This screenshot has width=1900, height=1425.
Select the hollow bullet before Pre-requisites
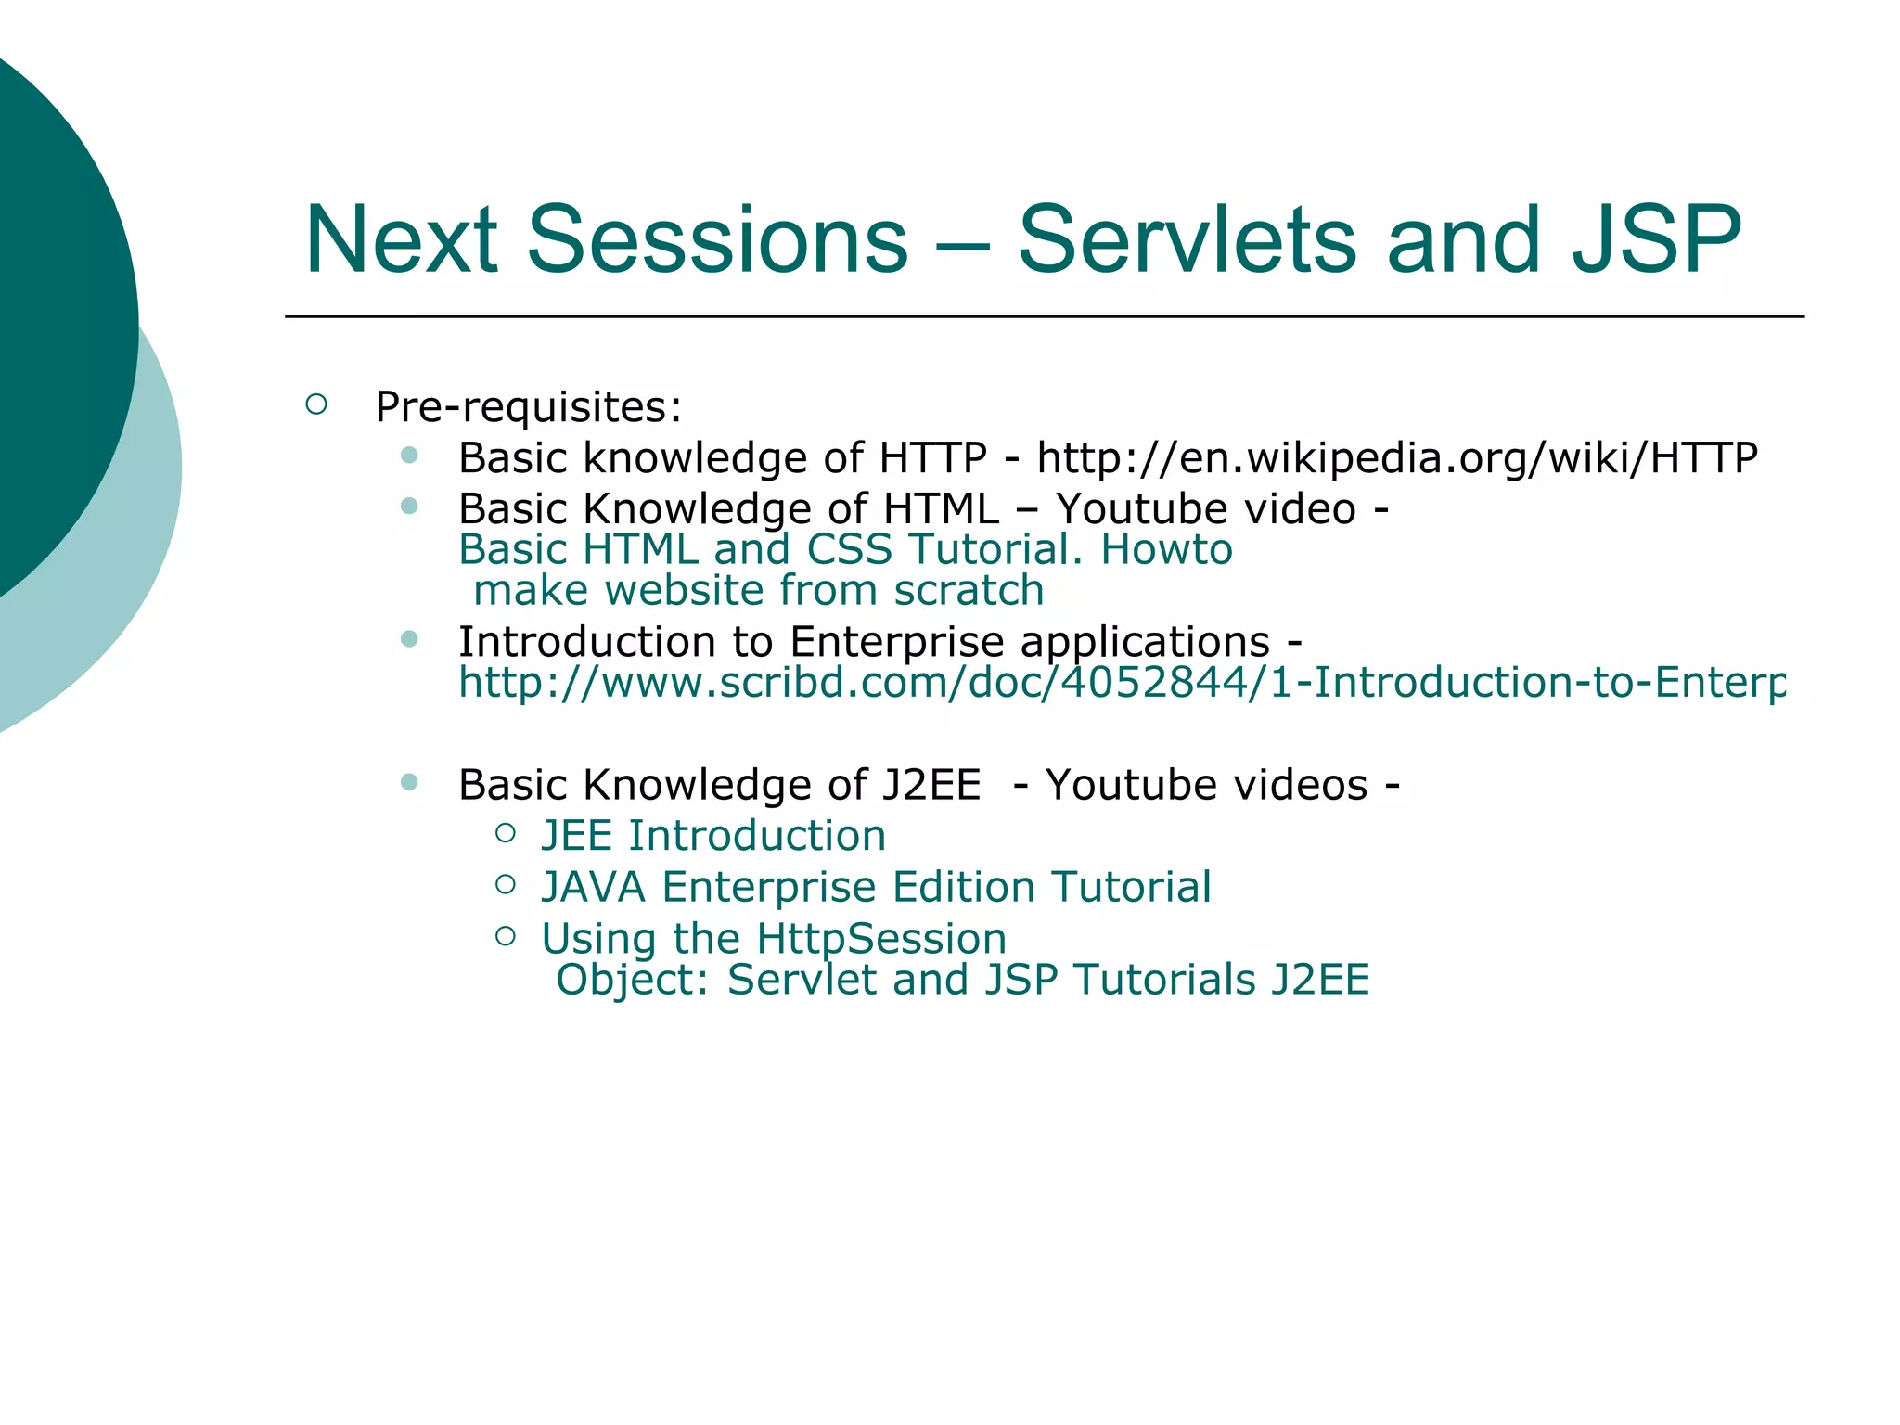point(316,404)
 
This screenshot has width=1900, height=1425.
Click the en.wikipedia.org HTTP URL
point(1396,458)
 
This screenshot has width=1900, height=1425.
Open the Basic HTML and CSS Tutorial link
point(844,549)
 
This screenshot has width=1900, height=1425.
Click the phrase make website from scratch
point(758,591)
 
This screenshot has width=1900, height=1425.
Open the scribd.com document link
point(1121,683)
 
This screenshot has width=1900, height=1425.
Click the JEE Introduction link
point(712,836)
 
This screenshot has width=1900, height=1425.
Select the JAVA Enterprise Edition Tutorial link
point(876,887)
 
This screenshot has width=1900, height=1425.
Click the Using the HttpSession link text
point(773,939)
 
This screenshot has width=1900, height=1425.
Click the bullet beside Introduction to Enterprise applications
point(409,639)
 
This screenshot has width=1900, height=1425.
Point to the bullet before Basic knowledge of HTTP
point(409,456)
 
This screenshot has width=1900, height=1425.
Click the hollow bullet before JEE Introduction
point(506,833)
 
